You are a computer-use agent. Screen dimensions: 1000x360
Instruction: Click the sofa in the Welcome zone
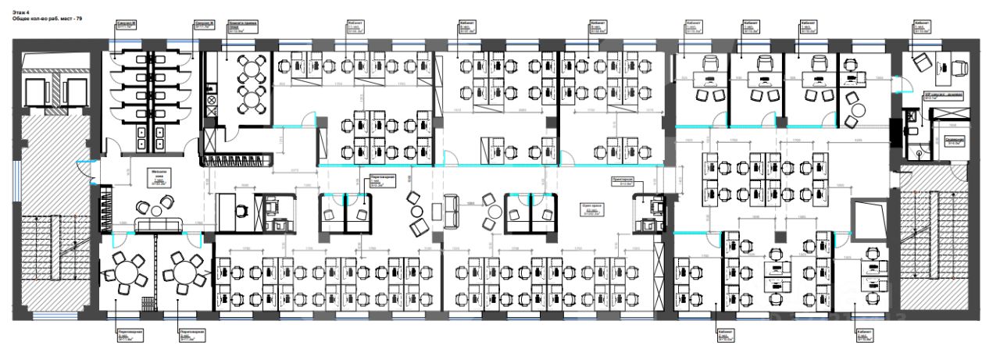tap(158, 226)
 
